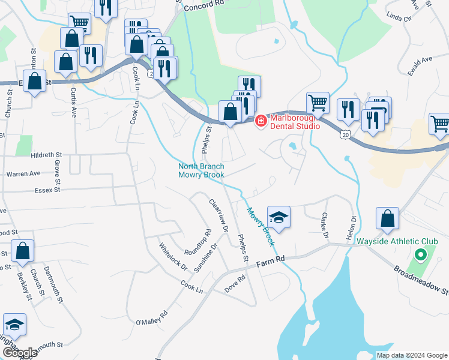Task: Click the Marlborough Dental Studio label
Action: [294, 121]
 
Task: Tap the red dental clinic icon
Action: [261, 121]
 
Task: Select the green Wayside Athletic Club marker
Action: [420, 255]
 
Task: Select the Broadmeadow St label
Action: [420, 279]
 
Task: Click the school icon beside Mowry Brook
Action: [279, 218]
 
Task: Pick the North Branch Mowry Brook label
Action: [202, 170]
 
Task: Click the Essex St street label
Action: [49, 190]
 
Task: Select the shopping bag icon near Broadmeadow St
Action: [388, 221]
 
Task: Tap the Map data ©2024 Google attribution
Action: [411, 355]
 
